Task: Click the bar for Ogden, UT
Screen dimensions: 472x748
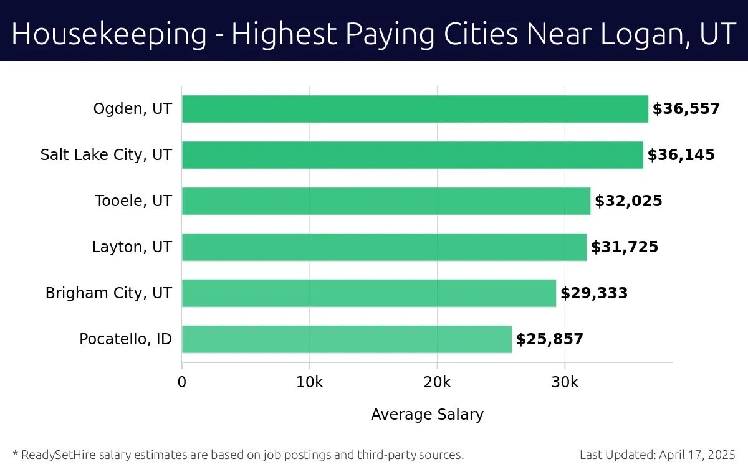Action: (x=415, y=109)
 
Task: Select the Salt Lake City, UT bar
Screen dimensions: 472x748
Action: (x=412, y=155)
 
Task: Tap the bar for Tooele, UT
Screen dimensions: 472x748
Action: (x=386, y=201)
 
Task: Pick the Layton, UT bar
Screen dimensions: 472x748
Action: (x=384, y=247)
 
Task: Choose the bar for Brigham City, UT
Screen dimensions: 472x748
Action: (x=368, y=293)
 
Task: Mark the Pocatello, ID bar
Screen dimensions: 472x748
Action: (x=347, y=339)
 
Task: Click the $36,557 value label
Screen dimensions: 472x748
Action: (x=686, y=109)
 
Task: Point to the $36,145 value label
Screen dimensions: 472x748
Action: (x=681, y=155)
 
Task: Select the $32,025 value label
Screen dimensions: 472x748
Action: (x=628, y=201)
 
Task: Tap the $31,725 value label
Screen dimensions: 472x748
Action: (x=625, y=247)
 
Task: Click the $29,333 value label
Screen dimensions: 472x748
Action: (x=594, y=293)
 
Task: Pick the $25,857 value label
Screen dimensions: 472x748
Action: (x=550, y=339)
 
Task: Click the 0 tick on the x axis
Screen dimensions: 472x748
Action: (x=182, y=382)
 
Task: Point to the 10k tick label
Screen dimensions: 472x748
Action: (x=310, y=382)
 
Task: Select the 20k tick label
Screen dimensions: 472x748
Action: (x=437, y=382)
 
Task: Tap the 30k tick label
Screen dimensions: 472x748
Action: (x=565, y=382)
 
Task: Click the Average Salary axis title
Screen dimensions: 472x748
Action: (x=427, y=414)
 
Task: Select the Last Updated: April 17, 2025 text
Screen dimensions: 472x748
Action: (x=657, y=455)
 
